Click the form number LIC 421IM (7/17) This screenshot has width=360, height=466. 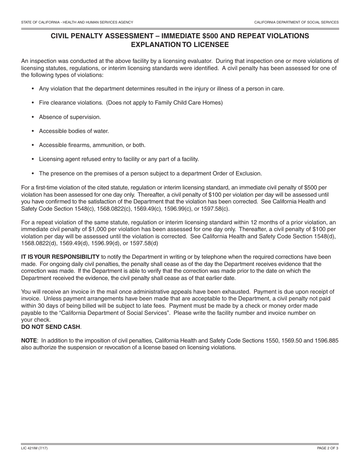[34, 448]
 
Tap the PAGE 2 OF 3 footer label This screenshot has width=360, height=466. [328, 448]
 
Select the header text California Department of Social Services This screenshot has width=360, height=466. [296, 22]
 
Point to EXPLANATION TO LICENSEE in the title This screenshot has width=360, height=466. [180, 44]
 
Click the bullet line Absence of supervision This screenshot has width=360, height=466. [70, 117]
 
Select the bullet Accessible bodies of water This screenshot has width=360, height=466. [74, 131]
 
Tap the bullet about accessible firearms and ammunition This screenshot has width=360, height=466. [92, 145]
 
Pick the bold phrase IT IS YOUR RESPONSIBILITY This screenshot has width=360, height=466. [60, 257]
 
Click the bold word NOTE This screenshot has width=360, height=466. [29, 341]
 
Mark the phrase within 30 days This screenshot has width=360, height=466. [38, 305]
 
